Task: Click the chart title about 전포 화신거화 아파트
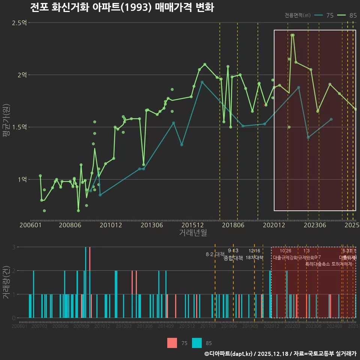122,7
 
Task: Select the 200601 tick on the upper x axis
30,225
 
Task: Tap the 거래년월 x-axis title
192,233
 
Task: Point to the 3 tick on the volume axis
13,247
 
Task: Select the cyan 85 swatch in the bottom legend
197,343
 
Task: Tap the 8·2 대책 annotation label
215,254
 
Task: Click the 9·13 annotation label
233,251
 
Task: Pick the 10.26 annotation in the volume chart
285,251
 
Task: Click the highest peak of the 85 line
292,35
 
